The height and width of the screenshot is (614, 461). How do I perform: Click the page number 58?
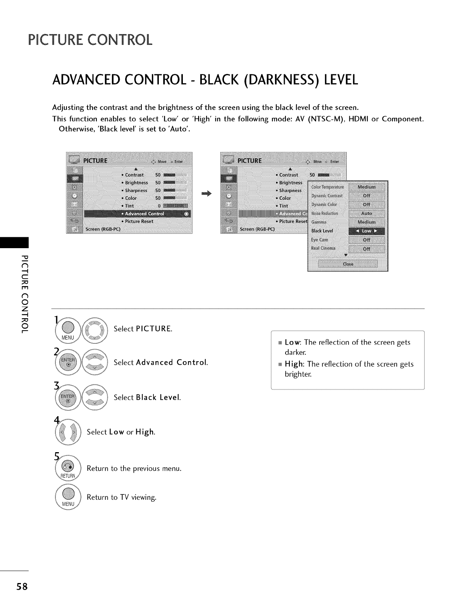point(22,587)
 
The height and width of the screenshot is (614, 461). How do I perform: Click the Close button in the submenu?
point(347,264)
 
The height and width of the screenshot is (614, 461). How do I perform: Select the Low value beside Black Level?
point(366,231)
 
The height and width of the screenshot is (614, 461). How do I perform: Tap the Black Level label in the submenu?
point(322,231)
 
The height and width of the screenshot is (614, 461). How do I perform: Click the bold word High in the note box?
point(294,364)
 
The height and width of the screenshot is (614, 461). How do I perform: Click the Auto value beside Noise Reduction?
point(366,213)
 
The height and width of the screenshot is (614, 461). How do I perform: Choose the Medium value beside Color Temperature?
point(366,187)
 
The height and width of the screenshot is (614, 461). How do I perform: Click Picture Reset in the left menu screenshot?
point(138,221)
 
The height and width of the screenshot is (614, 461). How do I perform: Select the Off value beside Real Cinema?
point(366,249)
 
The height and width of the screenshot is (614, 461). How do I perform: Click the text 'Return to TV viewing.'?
point(121,497)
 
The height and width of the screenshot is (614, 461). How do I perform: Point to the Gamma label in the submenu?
point(319,222)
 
